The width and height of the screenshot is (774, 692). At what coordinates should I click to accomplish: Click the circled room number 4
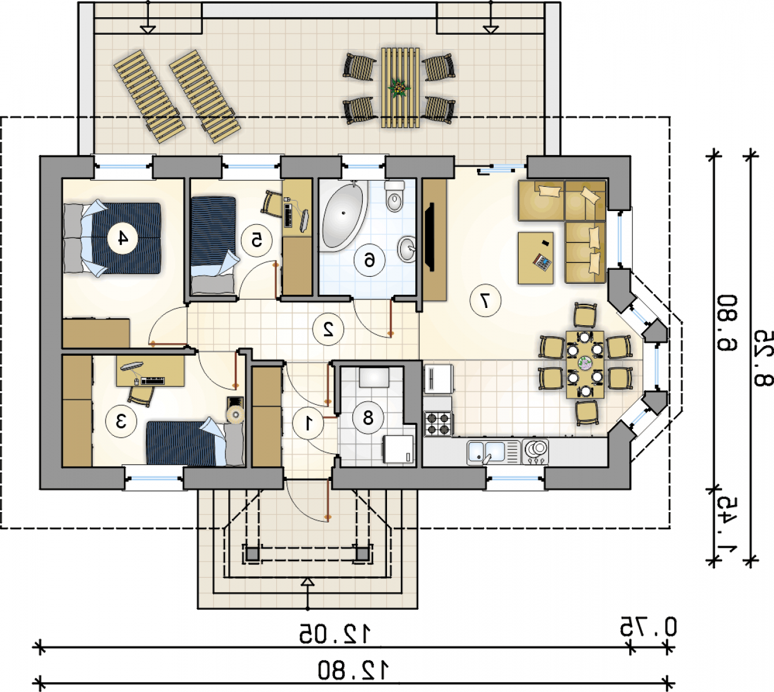122,238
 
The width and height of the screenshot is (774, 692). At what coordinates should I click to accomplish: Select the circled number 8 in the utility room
368,418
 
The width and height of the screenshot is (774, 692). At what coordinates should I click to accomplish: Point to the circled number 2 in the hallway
328,329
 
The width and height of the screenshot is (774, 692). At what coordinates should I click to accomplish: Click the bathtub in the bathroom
343,216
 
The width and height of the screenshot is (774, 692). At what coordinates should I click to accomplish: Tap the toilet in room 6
394,196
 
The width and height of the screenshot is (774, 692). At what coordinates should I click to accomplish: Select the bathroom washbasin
407,249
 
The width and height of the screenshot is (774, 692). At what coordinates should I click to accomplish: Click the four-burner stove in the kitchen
438,423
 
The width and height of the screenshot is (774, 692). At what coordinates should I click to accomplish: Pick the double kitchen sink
493,452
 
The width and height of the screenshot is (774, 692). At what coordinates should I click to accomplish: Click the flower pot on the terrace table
399,88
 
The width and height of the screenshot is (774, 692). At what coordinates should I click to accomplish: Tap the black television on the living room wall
430,237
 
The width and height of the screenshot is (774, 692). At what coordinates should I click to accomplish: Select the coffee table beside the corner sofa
536,258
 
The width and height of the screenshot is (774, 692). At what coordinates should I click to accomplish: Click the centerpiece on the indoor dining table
585,362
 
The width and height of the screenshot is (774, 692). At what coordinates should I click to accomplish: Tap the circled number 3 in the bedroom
121,422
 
